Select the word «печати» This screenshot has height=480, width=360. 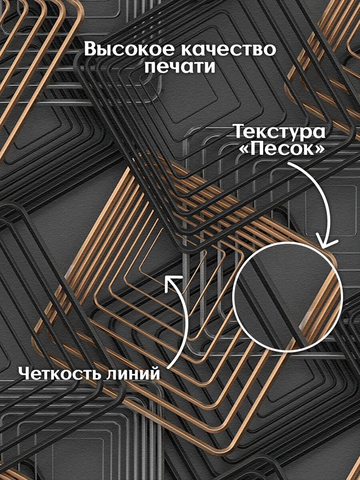click(x=180, y=67)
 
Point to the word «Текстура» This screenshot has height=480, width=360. click(x=280, y=131)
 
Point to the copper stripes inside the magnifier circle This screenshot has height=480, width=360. click(x=321, y=304)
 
